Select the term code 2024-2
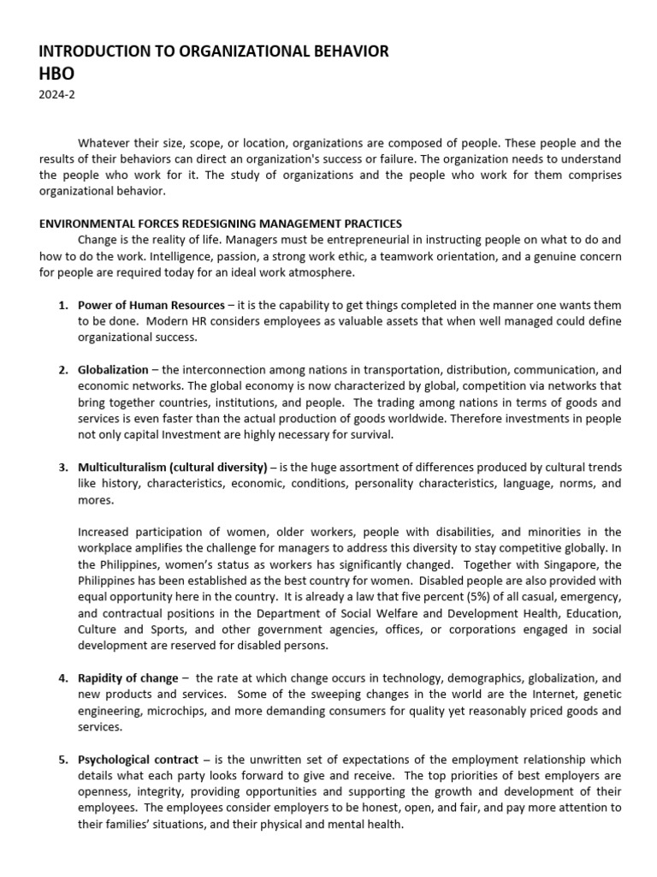coord(56,96)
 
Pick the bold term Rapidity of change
coord(128,678)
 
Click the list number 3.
coord(63,468)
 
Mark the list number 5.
coord(63,760)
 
